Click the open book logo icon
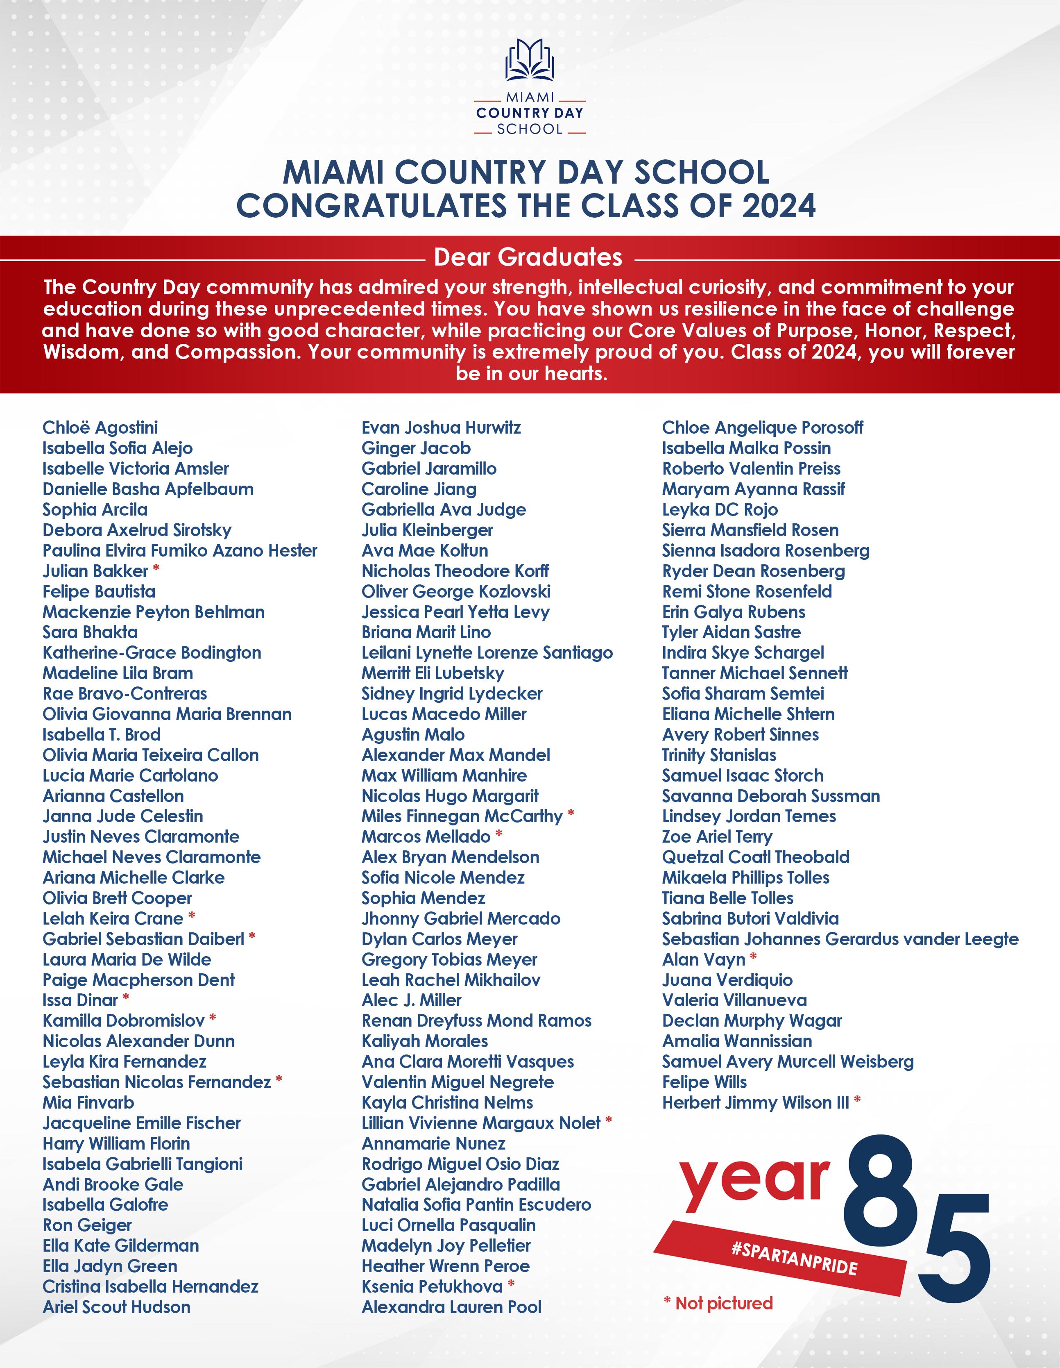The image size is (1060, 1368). (530, 60)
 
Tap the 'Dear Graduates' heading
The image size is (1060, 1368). (528, 257)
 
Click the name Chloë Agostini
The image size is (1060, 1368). (100, 428)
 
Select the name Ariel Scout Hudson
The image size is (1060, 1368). (116, 1307)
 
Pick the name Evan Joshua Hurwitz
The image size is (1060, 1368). (441, 428)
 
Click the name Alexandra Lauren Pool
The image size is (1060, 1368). (451, 1307)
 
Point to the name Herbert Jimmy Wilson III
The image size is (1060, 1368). (756, 1102)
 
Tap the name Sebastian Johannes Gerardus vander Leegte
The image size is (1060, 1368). (840, 939)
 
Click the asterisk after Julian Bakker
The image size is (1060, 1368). (156, 569)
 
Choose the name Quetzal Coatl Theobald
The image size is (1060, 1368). (756, 857)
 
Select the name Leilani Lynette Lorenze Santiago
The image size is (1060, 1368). (487, 653)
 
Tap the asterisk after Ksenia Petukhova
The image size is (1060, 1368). (511, 1285)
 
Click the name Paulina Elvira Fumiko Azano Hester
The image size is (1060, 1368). (180, 550)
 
